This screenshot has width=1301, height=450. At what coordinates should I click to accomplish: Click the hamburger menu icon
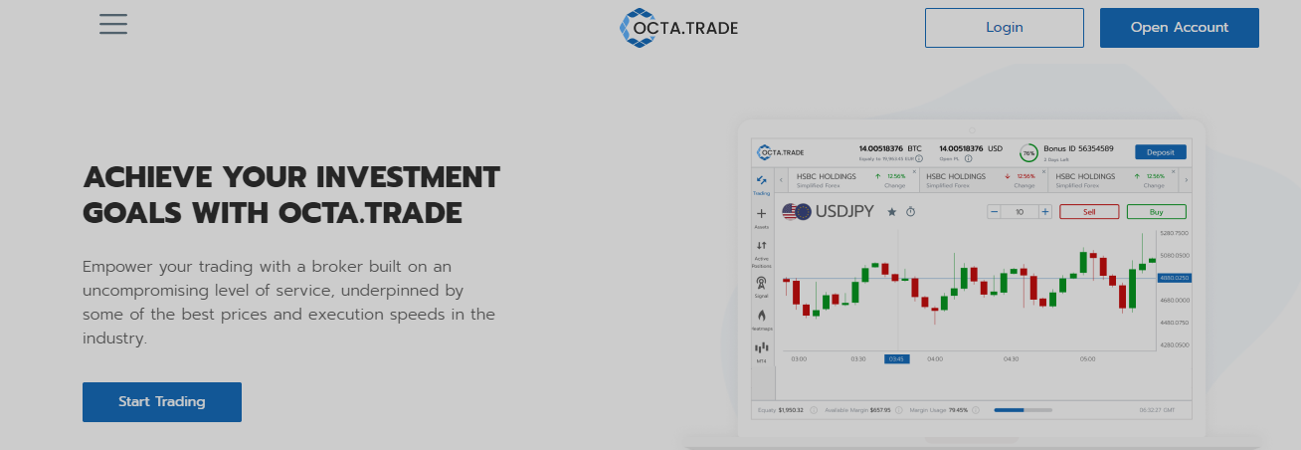113,24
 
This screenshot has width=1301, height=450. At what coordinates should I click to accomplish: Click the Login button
1004,28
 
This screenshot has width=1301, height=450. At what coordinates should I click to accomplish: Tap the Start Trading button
161,402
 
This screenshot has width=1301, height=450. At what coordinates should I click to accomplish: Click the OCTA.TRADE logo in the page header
678,28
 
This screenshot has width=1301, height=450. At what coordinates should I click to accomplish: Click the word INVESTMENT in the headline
408,178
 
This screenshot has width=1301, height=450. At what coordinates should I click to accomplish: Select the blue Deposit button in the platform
1160,152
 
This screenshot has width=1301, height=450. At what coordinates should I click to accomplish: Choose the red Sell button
1088,212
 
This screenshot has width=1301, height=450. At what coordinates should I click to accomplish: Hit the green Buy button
1156,212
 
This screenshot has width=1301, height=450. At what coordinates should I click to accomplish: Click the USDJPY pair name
844,211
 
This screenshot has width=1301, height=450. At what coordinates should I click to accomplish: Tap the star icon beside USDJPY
891,212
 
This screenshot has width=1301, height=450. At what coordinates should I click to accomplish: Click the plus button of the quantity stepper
1044,212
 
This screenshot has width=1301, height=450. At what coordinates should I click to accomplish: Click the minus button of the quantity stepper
994,212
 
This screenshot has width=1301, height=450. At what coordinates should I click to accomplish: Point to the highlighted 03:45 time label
896,358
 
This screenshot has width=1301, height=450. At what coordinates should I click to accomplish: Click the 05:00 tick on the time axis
1087,358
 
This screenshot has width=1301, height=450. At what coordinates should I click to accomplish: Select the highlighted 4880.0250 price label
1174,278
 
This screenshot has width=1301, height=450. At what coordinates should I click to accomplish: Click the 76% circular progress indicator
1028,153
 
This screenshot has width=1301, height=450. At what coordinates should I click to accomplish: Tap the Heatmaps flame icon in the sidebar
762,316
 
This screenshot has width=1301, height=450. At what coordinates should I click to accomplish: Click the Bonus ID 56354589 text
1078,148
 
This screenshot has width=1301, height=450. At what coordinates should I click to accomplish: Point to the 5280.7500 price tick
1174,233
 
